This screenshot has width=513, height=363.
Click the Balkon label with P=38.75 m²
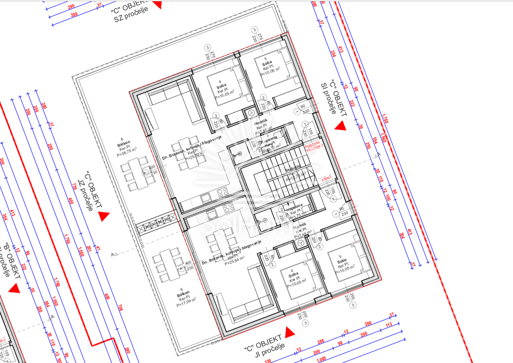click(x=126, y=147)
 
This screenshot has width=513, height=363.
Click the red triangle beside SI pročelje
click(x=340, y=126)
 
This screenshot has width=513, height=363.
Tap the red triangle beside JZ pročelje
click(x=103, y=217)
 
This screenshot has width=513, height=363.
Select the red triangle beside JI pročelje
click(x=290, y=331)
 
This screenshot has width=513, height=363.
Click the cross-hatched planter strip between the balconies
click(x=158, y=222)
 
